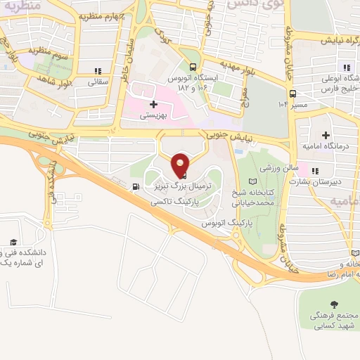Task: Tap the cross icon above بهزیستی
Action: (x=153, y=104)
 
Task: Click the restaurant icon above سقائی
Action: (x=98, y=70)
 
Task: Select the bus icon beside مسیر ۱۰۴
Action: (x=292, y=93)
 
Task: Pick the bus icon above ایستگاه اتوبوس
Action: (x=202, y=60)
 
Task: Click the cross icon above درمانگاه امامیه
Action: (x=326, y=134)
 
